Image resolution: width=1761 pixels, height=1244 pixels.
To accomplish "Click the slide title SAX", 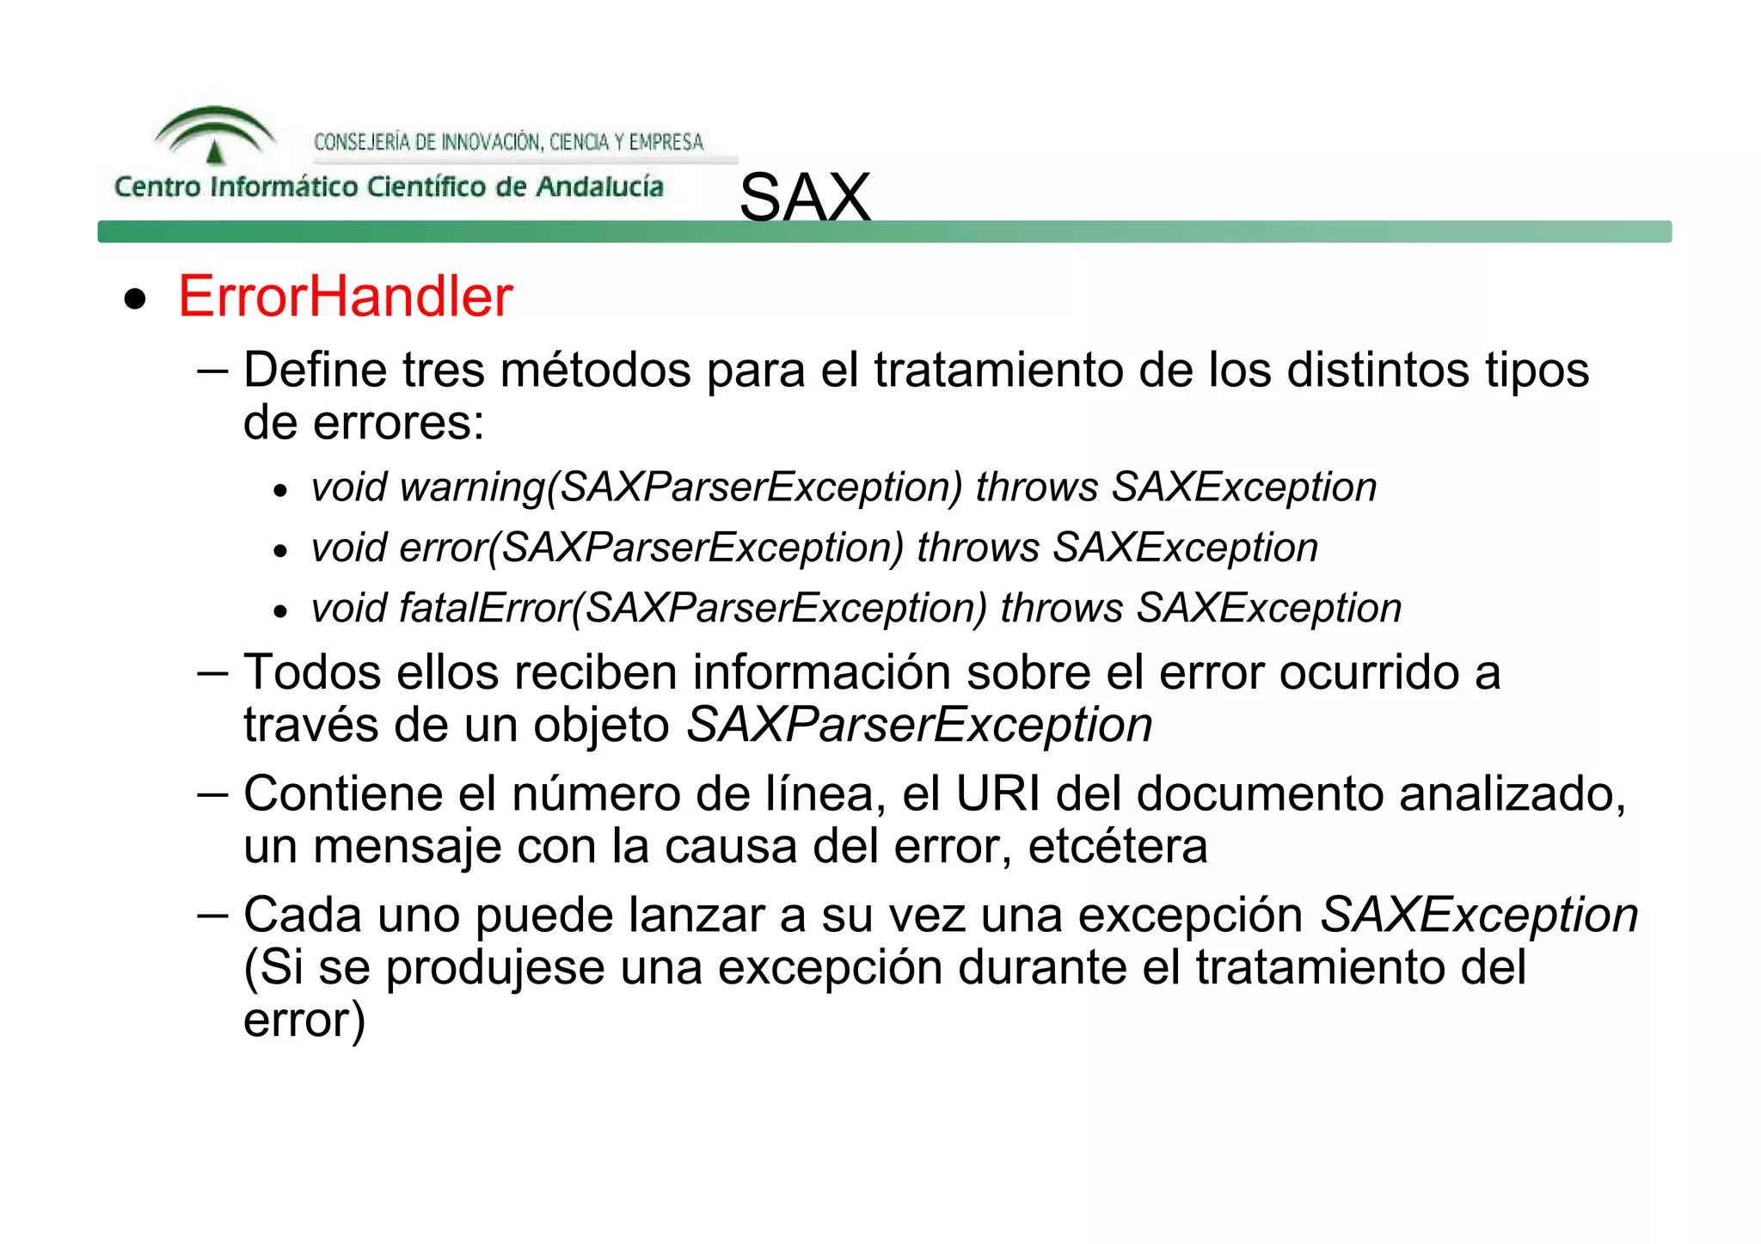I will (805, 197).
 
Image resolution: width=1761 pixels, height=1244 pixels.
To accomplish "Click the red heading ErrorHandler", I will (345, 297).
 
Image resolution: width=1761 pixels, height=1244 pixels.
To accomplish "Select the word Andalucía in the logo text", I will (599, 187).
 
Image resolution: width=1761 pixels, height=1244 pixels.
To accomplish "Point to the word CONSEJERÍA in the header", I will (361, 142).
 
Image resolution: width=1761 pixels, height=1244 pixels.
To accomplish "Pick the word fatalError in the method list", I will (485, 609).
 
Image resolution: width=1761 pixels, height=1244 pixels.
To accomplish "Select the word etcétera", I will (1118, 846).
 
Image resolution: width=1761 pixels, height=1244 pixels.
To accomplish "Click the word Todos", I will (312, 672).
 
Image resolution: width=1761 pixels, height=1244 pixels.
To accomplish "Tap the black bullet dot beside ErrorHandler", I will (135, 299).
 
